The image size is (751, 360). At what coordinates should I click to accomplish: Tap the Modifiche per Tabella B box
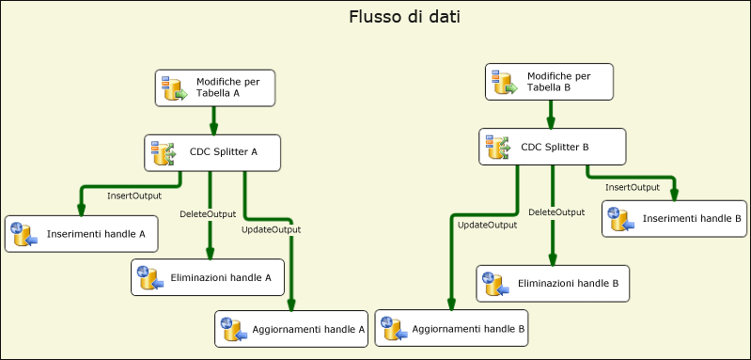550,82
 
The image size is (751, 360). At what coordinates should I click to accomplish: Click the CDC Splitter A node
212,152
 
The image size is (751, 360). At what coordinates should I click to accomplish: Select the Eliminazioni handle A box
208,277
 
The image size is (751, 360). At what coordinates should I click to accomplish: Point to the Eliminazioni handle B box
552,283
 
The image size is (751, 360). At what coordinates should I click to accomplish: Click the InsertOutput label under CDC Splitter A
134,196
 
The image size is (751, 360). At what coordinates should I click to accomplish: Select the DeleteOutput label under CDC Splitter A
208,214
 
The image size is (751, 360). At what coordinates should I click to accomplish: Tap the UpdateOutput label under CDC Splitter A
271,229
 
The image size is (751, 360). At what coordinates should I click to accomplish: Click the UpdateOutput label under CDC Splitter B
487,225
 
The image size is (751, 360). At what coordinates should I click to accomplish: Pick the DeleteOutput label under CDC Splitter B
556,212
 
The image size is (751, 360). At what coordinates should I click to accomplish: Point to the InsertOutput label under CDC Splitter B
632,188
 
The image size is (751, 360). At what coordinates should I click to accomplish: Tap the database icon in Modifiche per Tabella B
505,83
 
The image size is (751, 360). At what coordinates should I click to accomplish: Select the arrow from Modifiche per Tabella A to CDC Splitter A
213,120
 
